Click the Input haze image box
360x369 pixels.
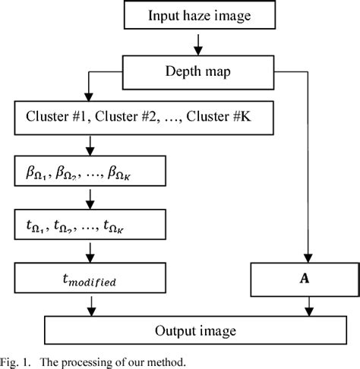point(197,15)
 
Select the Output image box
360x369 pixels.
point(197,330)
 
